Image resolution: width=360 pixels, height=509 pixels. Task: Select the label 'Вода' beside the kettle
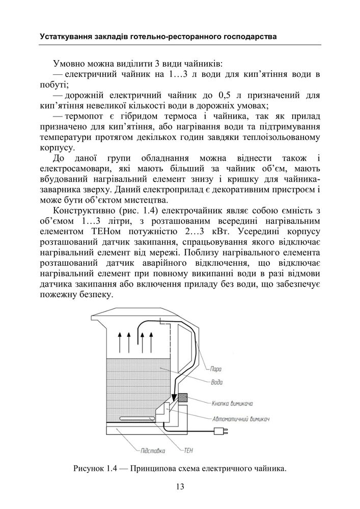[217, 382]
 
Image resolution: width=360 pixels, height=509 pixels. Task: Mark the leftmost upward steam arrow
[119, 342]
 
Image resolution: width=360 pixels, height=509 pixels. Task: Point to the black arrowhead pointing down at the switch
[175, 398]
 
